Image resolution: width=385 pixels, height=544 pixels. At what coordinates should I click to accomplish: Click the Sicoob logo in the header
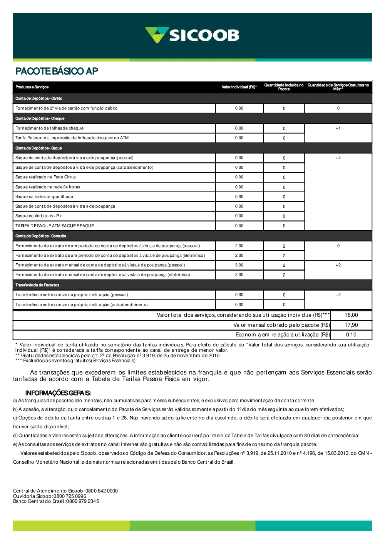click(x=192, y=35)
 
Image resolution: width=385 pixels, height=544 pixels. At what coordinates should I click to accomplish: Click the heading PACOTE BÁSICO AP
click(x=57, y=71)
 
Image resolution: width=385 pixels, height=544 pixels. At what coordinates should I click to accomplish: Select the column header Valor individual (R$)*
click(x=239, y=87)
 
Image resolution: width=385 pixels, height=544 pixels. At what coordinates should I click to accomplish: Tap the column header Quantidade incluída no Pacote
click(x=284, y=87)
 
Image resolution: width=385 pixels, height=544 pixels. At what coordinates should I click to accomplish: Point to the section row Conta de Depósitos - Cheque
click(x=40, y=118)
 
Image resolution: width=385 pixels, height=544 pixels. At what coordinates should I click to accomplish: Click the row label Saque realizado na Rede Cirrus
click(x=45, y=177)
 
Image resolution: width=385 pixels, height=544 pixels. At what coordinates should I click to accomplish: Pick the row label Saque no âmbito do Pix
click(x=38, y=216)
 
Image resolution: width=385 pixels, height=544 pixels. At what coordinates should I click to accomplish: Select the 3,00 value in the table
click(x=239, y=265)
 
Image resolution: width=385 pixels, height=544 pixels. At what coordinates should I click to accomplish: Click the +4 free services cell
click(x=338, y=158)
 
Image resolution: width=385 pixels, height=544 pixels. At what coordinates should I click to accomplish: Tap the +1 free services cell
click(x=338, y=128)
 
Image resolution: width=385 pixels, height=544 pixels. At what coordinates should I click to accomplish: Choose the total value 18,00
click(x=351, y=315)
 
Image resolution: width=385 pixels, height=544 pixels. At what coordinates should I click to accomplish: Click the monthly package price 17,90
click(x=351, y=325)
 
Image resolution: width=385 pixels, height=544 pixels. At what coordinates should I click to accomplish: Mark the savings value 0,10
click(x=351, y=335)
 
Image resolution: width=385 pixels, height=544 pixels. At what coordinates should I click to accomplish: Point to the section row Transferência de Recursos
click(x=37, y=285)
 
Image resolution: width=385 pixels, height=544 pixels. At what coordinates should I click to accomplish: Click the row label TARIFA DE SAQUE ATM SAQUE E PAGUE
click(x=55, y=226)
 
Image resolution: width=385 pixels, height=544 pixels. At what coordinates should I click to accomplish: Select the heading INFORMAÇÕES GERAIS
click(x=58, y=393)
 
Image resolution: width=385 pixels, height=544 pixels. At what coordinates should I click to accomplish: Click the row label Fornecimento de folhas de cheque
click(x=49, y=128)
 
